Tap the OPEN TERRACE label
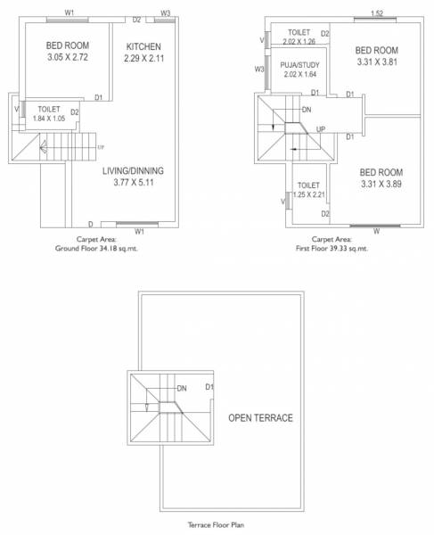click(x=260, y=417)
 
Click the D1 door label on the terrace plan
click(x=209, y=387)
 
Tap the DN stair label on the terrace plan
click(x=181, y=389)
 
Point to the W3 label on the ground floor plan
click(x=166, y=13)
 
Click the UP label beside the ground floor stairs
click(x=101, y=147)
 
